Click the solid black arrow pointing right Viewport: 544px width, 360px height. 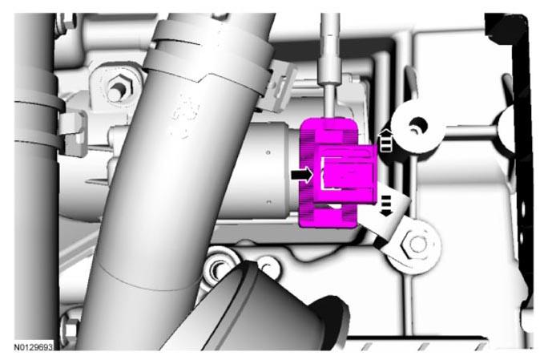click(302, 175)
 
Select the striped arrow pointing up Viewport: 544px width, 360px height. click(386, 140)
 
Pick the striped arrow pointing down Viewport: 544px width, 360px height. click(386, 206)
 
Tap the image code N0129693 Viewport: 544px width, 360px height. click(34, 347)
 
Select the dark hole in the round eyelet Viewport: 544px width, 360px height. click(417, 124)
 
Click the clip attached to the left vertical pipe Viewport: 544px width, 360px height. click(74, 132)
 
